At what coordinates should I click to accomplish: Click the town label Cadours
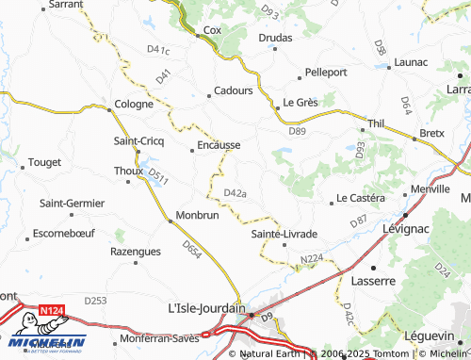[x=234, y=90]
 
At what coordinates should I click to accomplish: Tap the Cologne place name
[x=134, y=105]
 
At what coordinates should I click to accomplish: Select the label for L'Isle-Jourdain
[x=205, y=308]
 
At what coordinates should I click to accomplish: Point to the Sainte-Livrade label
[x=284, y=233]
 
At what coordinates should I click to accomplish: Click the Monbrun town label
[x=197, y=216]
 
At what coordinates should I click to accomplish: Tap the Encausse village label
[x=219, y=146]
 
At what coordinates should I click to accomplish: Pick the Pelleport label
[x=327, y=72]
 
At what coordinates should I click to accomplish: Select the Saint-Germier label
[x=72, y=203]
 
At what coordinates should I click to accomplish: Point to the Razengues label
[x=136, y=252]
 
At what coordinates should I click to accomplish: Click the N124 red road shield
[x=53, y=308]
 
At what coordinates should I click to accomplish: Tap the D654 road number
[x=192, y=250]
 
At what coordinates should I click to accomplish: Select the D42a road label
[x=235, y=193]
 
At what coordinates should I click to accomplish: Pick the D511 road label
[x=157, y=174]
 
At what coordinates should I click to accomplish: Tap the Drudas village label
[x=275, y=38]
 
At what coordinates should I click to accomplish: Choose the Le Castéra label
[x=361, y=198]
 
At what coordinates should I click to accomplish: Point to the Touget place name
[x=44, y=162]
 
